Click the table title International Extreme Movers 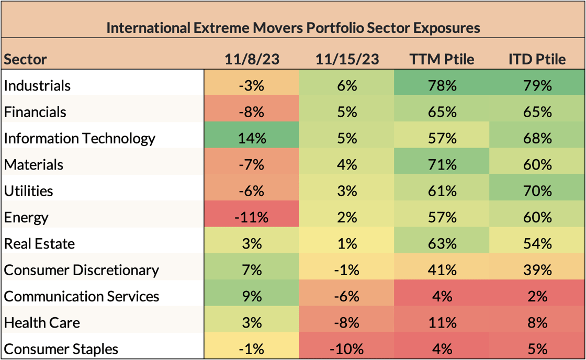[x=293, y=27]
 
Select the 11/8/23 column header [x=252, y=59]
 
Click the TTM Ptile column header [x=442, y=59]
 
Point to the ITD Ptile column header [x=537, y=59]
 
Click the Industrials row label [x=37, y=85]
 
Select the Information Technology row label [x=80, y=138]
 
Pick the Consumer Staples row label [x=61, y=349]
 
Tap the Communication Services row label [x=82, y=296]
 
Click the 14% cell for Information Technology [x=252, y=138]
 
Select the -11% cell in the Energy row [x=252, y=217]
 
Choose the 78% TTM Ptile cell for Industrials [x=442, y=85]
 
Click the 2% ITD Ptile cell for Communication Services [x=537, y=296]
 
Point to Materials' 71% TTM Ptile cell [x=442, y=164]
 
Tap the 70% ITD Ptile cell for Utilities [x=537, y=190]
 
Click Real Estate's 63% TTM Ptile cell [x=442, y=243]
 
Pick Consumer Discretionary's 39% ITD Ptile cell [x=537, y=270]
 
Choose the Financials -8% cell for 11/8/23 [x=252, y=111]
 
